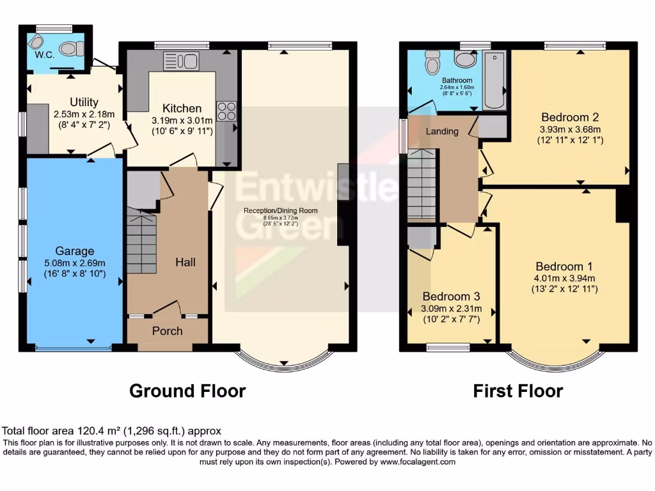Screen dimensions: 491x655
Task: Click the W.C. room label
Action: (45, 54)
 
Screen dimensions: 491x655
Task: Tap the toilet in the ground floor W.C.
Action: (75, 48)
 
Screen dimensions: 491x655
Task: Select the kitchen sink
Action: (182, 61)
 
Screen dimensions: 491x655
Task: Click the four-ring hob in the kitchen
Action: (226, 111)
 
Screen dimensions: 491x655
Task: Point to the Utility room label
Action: (84, 102)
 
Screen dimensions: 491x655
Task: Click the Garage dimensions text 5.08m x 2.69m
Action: (74, 263)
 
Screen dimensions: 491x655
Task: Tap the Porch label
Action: (167, 331)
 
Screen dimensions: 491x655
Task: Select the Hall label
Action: (185, 262)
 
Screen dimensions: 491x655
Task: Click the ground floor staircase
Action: (141, 243)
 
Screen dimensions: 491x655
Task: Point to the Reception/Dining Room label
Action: (280, 210)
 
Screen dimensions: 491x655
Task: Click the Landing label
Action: (442, 131)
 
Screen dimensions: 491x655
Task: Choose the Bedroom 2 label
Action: (569, 117)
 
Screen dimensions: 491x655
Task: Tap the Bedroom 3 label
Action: (451, 297)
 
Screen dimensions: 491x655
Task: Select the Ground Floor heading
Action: (187, 391)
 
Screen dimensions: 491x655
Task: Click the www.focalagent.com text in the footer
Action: (417, 462)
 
